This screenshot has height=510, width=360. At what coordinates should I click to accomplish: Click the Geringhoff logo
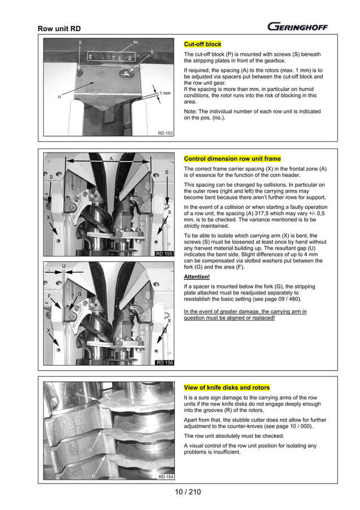pos(297,27)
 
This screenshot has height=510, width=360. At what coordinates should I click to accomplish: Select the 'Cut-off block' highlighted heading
pos(203,44)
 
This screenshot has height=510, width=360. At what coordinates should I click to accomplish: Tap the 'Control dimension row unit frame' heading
pos(232,159)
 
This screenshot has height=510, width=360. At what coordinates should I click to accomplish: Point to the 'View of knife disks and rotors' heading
pos(227,387)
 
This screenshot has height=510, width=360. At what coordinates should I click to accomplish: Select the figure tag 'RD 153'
pos(165,133)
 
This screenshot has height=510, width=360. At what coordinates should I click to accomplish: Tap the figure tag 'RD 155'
pos(165,254)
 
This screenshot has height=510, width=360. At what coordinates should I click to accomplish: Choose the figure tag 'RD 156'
pos(165,362)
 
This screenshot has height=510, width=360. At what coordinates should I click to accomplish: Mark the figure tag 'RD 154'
pos(165,477)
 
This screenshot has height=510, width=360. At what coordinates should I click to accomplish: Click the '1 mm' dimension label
pos(165,93)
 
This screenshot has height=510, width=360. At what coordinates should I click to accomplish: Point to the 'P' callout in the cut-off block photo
pos(59,97)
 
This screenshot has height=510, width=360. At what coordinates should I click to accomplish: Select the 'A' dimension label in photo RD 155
pos(111,159)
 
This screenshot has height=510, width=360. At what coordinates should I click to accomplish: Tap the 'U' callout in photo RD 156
pos(64,265)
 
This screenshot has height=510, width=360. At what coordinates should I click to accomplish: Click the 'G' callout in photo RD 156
pos(80,294)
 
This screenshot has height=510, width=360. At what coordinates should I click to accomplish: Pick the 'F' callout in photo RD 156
pos(49,295)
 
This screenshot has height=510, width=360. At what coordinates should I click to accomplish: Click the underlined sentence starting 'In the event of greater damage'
pos(245,315)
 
